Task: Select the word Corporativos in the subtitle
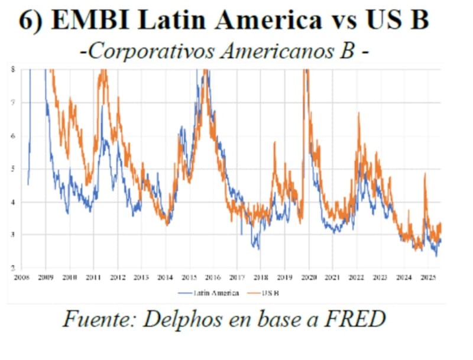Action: pos(147,51)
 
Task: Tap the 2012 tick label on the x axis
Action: pos(117,277)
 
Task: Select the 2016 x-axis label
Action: pos(213,277)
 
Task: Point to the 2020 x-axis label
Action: pos(309,277)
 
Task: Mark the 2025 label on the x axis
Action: pos(428,277)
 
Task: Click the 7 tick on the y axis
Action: pos(13,103)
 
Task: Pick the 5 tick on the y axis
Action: pos(13,168)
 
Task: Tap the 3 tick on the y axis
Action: pos(13,235)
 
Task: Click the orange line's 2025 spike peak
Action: pos(425,174)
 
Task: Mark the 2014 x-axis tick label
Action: pos(165,277)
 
